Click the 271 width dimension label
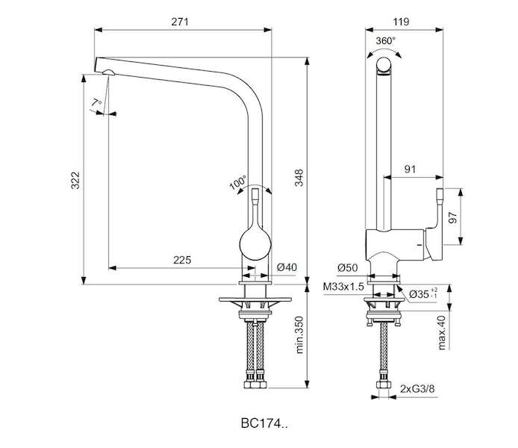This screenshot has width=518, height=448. coord(180,22)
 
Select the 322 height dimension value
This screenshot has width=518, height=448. coord(75,180)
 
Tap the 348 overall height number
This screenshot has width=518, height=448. coord(299,178)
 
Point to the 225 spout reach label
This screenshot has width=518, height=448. coord(182,260)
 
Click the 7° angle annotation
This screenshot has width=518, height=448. coord(96,102)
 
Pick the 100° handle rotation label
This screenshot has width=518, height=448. coord(238,183)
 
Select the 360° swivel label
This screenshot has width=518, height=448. coord(386,41)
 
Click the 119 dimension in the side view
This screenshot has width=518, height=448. coord(401,22)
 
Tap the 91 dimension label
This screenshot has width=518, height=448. coord(410,169)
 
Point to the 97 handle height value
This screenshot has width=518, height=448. coord(453,217)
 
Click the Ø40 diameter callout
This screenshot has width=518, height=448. coord(287,267)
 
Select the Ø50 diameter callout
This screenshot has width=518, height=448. coord(348,267)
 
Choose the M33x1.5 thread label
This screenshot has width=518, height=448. coord(343,287)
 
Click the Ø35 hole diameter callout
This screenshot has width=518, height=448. coord(423,293)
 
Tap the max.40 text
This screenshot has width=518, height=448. coord(442,332)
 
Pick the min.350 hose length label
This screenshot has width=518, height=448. coord(299,335)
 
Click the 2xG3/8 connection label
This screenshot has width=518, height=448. coord(417,389)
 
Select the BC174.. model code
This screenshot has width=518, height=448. coord(264,423)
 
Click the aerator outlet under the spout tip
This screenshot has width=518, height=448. coord(108,72)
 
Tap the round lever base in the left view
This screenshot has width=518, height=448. coord(255,244)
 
